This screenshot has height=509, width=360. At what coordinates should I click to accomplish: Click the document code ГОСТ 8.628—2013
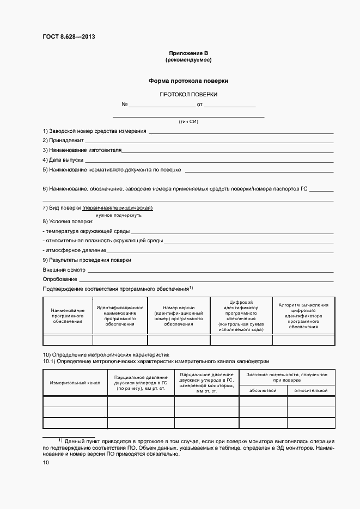tap(65, 36)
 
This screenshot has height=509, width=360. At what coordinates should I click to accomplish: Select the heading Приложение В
tap(188, 53)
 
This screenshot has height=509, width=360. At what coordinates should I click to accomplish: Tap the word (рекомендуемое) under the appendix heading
tap(188, 59)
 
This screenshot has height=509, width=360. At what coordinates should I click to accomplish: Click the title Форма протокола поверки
tap(188, 81)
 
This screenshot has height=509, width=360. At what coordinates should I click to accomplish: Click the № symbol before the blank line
tap(124, 105)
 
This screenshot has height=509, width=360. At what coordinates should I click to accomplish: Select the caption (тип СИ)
tap(188, 121)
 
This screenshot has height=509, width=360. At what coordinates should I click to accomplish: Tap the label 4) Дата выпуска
tap(63, 160)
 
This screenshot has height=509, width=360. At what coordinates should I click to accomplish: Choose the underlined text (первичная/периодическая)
tap(117, 208)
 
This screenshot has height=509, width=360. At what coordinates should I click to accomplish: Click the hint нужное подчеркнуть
tap(119, 215)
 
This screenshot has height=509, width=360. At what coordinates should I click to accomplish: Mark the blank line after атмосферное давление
tap(219, 253)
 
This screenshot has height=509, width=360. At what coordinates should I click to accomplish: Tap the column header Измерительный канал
tap(75, 383)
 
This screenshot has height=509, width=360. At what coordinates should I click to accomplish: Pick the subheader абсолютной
tap(263, 390)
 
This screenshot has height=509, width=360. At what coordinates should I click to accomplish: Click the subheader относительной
tap(310, 390)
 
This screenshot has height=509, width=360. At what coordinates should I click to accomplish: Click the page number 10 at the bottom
tap(46, 463)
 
